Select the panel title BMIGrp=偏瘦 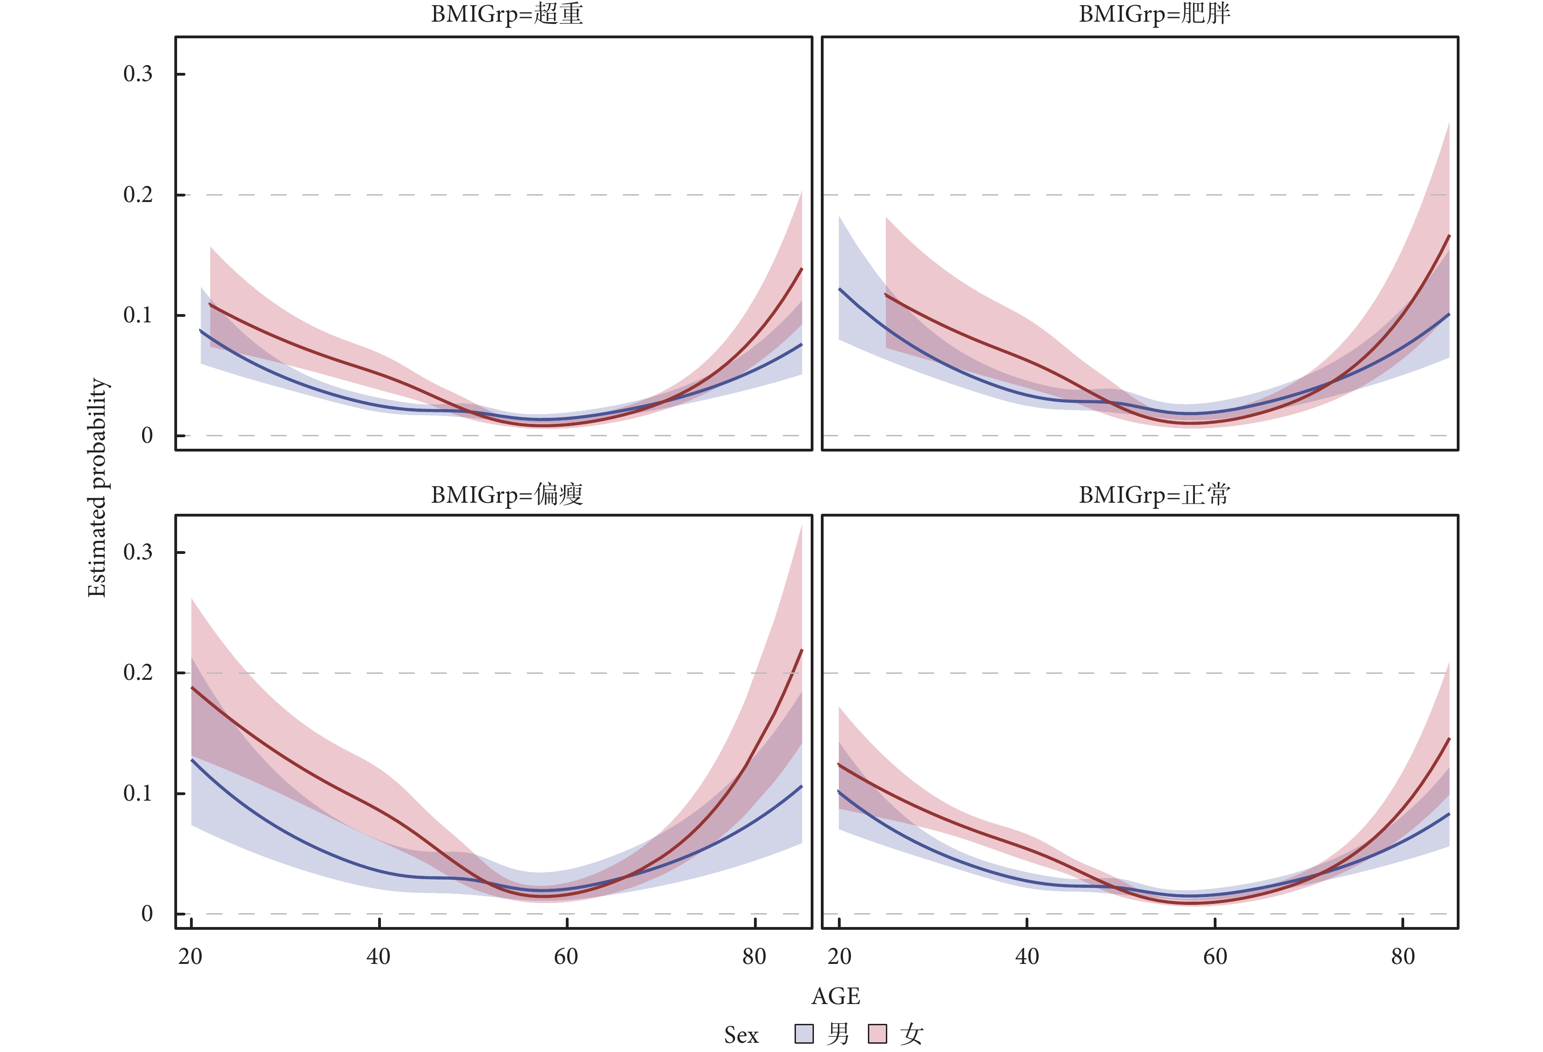(x=507, y=495)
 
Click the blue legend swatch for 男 (x=804, y=1034)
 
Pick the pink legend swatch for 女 (x=878, y=1034)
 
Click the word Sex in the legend (x=741, y=1035)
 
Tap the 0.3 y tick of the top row (x=137, y=74)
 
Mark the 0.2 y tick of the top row (x=137, y=195)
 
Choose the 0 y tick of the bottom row (x=147, y=914)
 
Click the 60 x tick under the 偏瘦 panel (x=566, y=957)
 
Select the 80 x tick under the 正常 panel (x=1403, y=957)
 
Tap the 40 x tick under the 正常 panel (x=1027, y=957)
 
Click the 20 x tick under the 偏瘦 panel (x=190, y=957)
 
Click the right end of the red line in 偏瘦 (x=802, y=650)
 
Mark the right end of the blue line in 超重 (x=802, y=344)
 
